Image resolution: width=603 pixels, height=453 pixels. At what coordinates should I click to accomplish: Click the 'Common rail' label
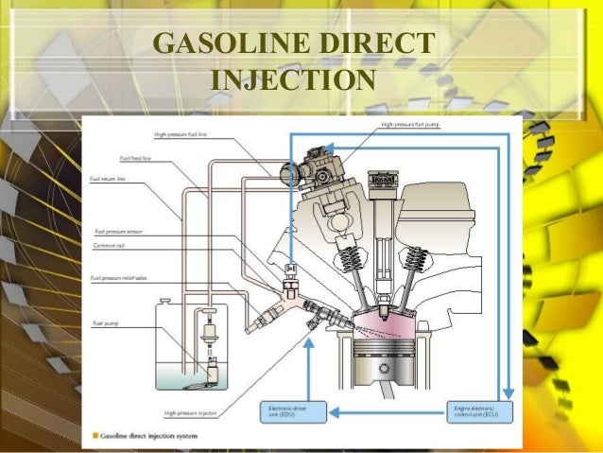point(110,242)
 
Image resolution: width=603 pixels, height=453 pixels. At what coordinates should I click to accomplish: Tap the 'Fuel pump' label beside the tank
point(103,324)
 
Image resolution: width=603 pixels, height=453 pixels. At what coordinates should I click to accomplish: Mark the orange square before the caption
point(95,435)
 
